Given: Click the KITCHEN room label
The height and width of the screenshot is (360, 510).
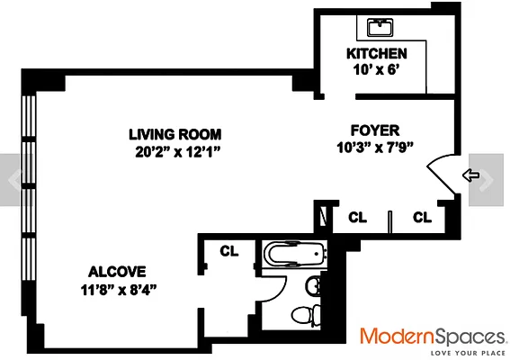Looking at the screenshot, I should pos(377,54).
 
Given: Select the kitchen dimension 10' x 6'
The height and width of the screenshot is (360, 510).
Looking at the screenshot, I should pos(377,70).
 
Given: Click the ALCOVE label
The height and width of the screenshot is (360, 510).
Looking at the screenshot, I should pos(117,272).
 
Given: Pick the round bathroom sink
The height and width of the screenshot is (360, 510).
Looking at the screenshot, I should pos(312,286).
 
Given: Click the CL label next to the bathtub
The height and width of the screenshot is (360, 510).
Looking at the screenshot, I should pos(228,251).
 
